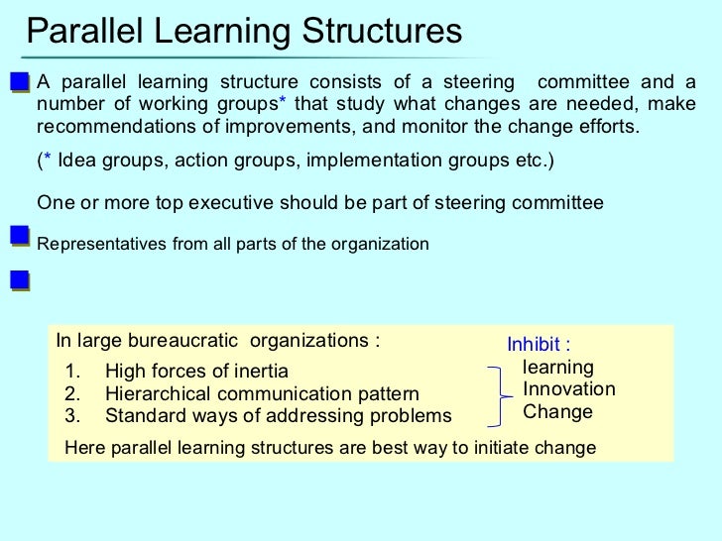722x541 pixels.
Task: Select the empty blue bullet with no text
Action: (x=18, y=281)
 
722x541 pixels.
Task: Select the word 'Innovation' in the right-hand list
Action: (x=569, y=389)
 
